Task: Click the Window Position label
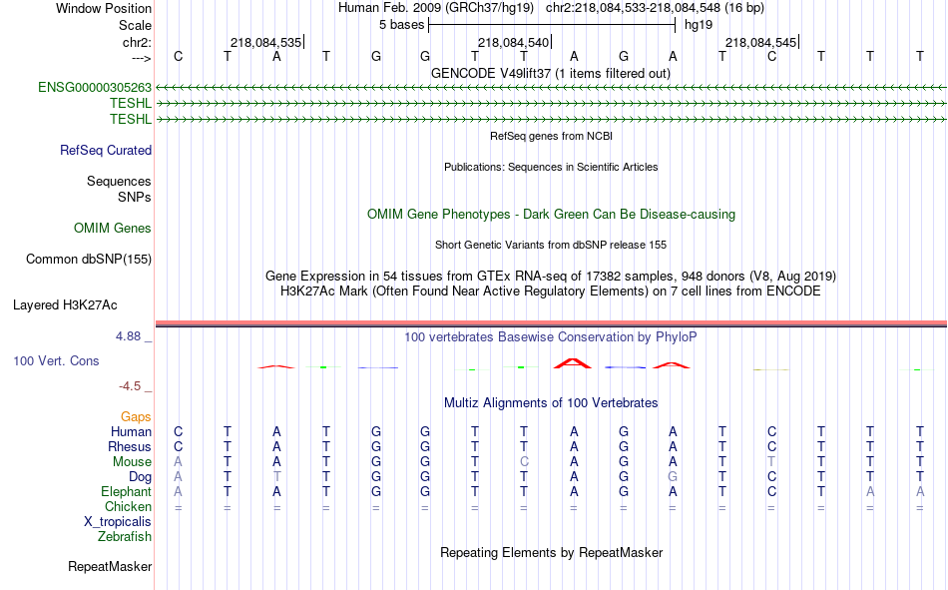coord(104,8)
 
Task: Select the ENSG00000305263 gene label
coord(95,87)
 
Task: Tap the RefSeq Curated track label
coord(106,150)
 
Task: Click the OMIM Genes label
coord(113,229)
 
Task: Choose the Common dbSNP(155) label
coord(89,259)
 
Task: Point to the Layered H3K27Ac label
coord(65,305)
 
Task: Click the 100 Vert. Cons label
coord(56,361)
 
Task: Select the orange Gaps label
coord(136,417)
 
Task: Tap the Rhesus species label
coord(130,446)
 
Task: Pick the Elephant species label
coord(126,491)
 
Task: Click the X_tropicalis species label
coord(118,522)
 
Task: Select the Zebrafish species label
coord(125,537)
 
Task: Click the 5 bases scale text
coord(401,25)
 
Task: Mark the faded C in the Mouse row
coord(524,461)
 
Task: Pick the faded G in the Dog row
coord(673,477)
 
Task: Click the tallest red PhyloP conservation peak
coord(573,363)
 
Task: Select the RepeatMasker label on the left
coord(110,567)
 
